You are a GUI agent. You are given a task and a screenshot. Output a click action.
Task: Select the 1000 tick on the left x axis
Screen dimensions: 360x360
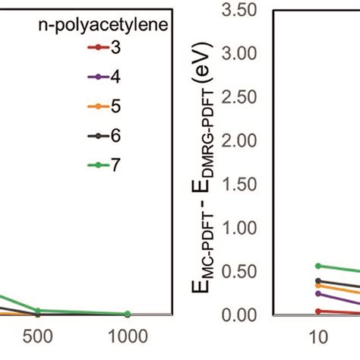127,336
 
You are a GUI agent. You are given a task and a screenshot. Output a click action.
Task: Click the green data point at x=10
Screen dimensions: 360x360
318,266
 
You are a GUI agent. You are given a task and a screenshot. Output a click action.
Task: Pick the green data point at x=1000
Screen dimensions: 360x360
127,314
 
